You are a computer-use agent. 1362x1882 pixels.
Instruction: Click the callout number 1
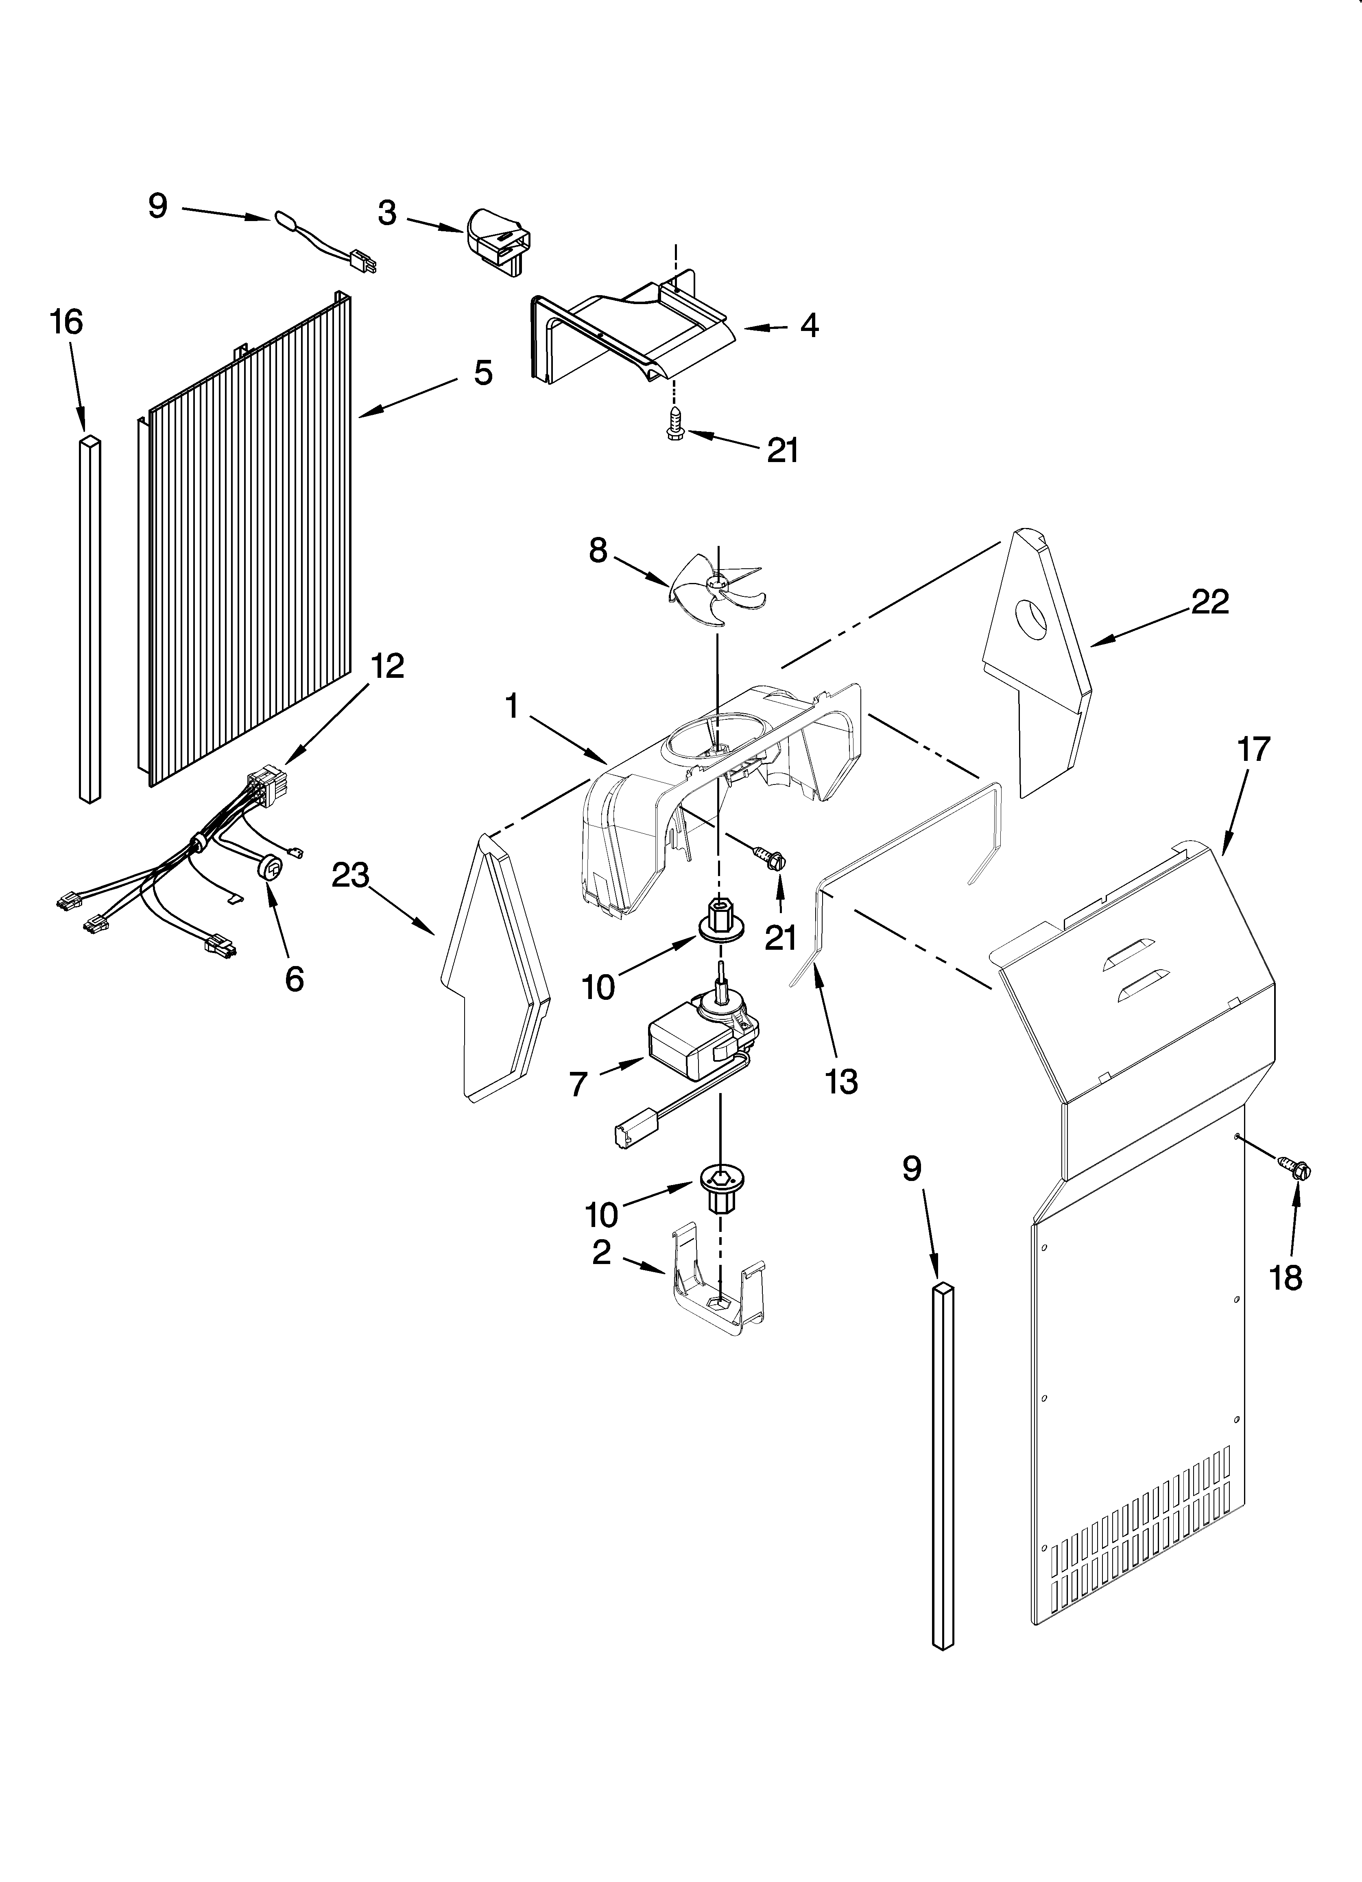pyautogui.click(x=512, y=706)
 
